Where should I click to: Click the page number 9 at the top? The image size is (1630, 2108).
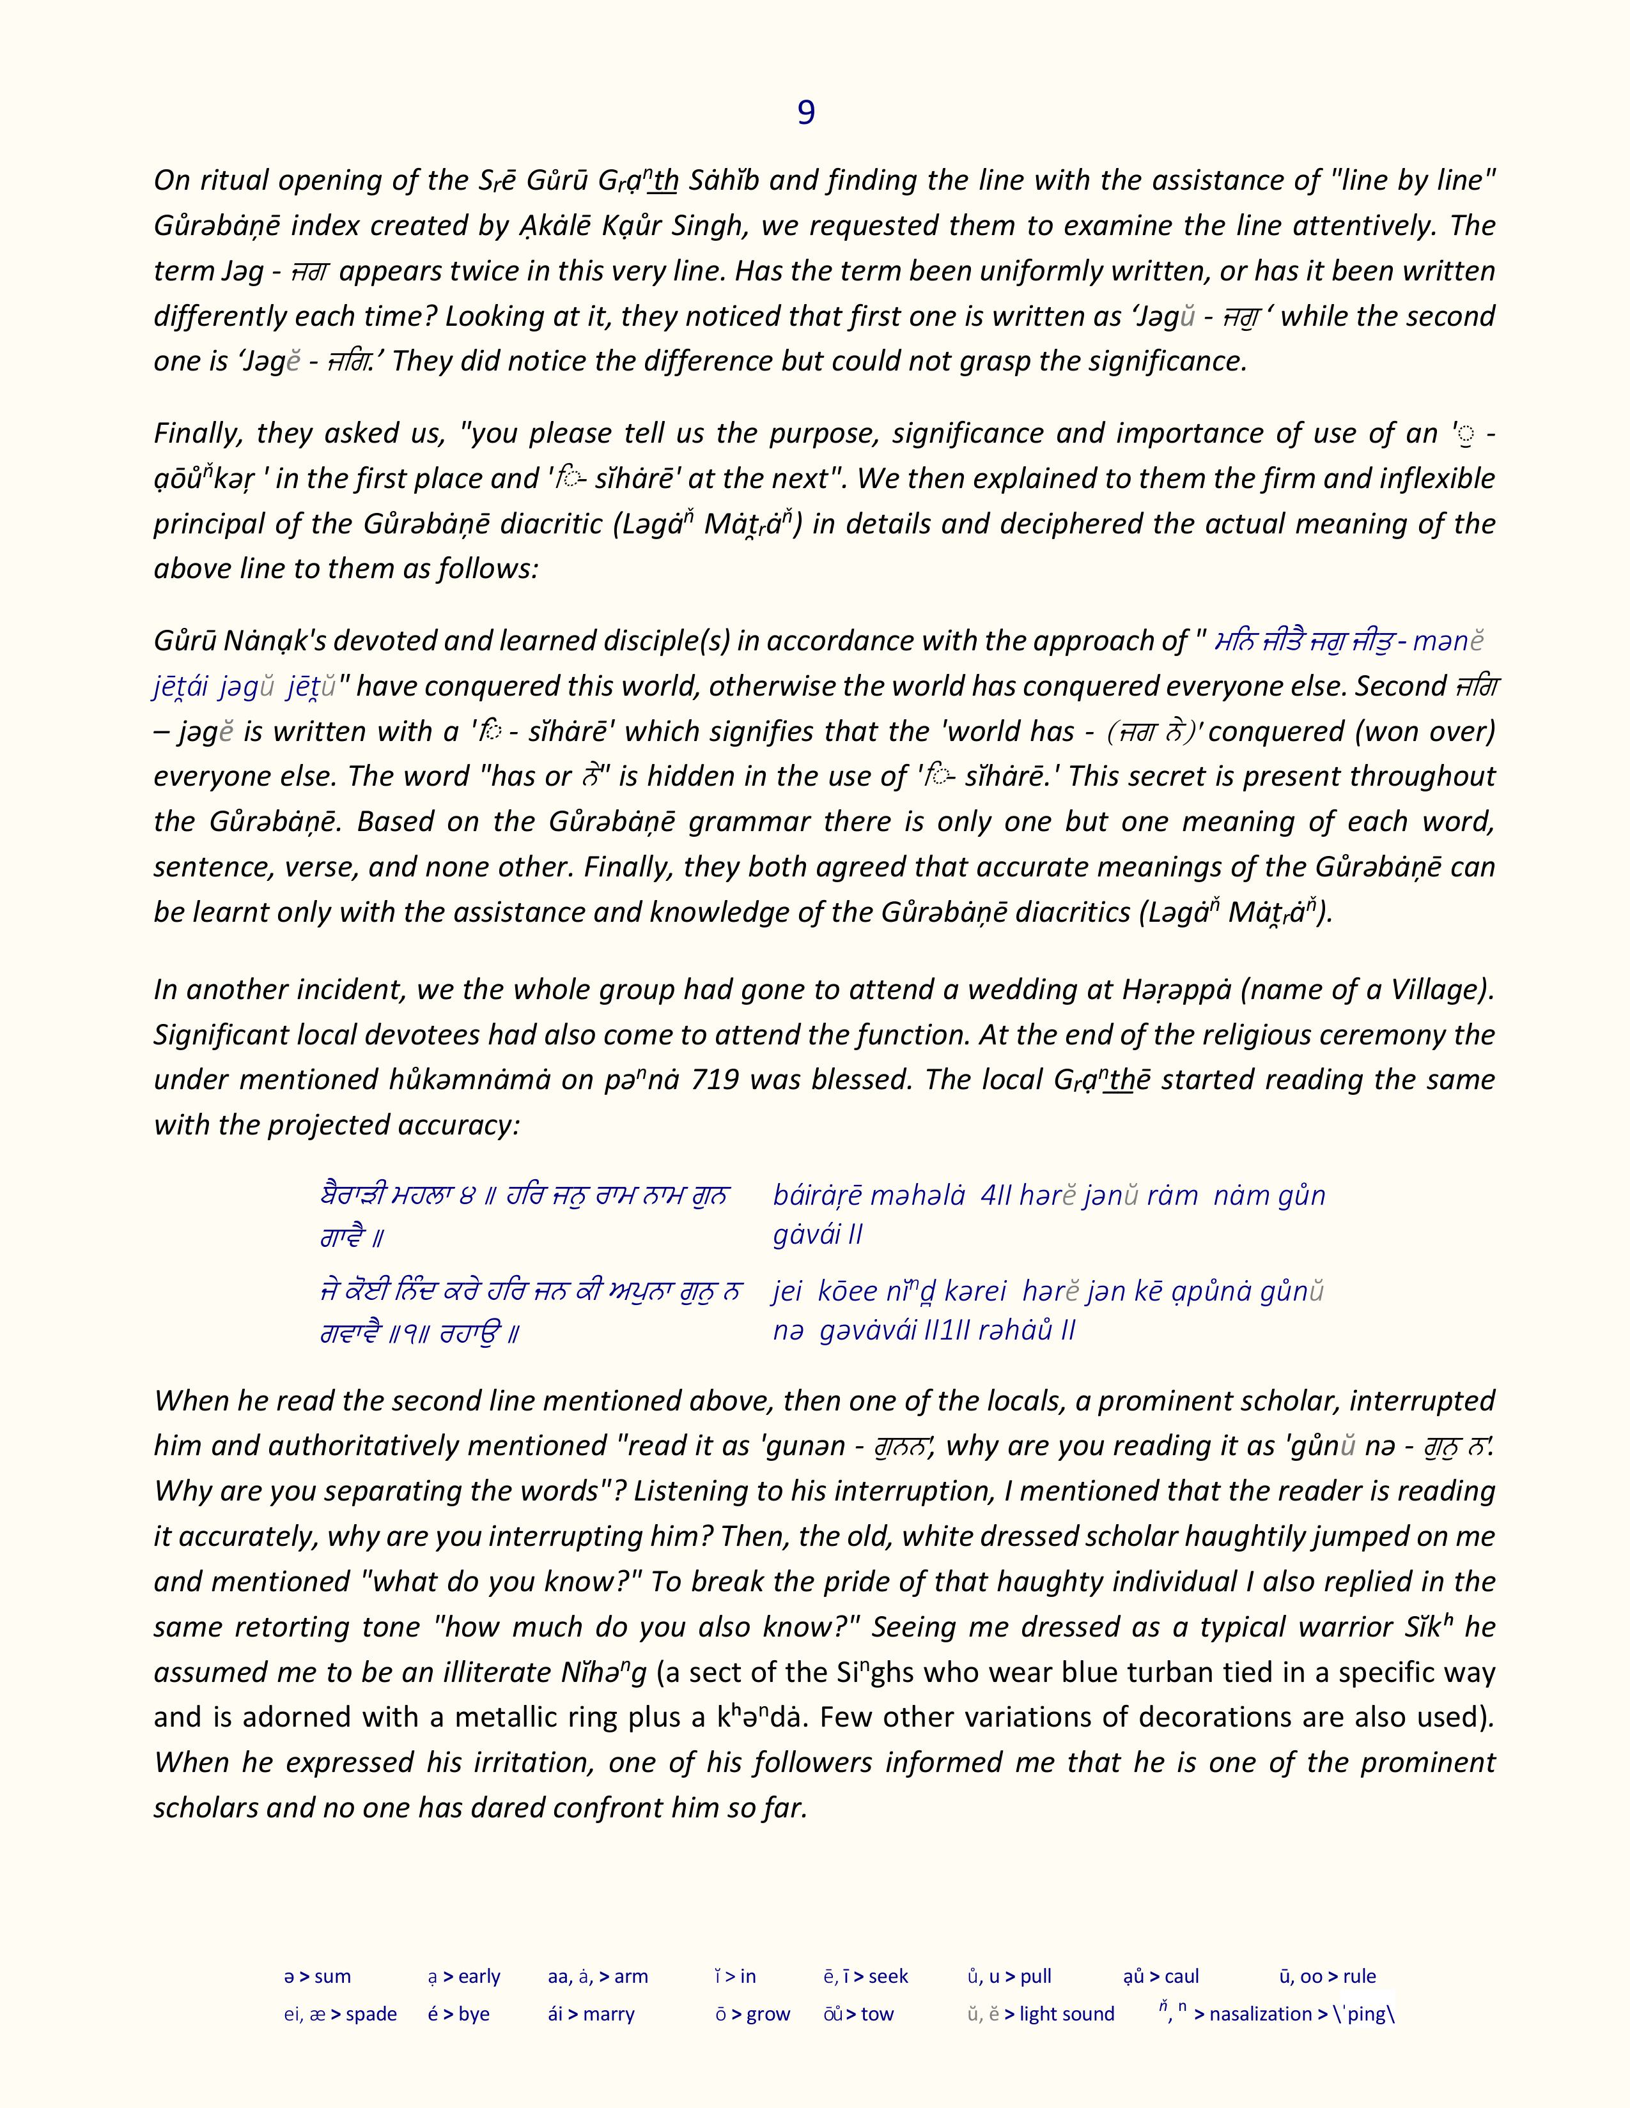pos(805,114)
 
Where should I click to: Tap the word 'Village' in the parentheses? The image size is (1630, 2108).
pos(1433,989)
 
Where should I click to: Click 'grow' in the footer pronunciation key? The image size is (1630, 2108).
pos(768,2013)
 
